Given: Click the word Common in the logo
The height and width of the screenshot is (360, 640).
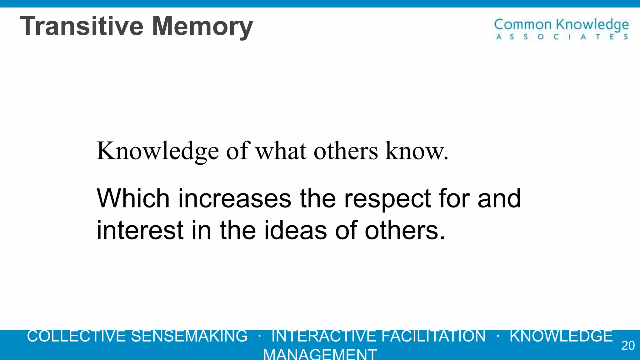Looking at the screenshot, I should point(523,25).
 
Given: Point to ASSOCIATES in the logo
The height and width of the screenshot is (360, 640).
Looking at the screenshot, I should point(562,37).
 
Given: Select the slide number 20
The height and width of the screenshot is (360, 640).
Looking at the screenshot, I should point(628,345).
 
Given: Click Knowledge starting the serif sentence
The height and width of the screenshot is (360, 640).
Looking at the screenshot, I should point(157,152).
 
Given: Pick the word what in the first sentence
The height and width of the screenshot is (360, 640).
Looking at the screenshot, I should point(281,151).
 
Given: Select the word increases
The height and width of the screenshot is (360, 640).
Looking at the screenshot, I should point(235,199).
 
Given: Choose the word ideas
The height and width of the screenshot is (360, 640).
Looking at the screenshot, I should point(296,230).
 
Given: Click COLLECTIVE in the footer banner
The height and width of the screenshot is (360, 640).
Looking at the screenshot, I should point(76,336).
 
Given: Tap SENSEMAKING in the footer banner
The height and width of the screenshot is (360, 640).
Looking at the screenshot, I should point(189,336).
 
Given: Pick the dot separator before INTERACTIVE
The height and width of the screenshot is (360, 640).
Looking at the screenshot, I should point(260,336).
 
